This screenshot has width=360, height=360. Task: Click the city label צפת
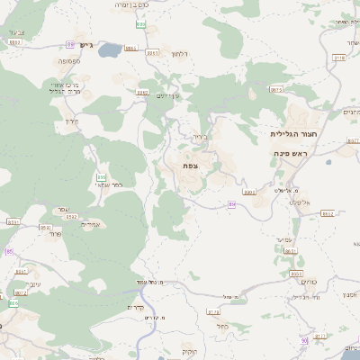click(189, 166)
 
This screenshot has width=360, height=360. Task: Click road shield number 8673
click(275, 90)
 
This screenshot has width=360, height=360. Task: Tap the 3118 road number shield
click(338, 58)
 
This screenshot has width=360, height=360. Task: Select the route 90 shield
click(305, 341)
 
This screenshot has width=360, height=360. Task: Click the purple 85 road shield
click(10, 252)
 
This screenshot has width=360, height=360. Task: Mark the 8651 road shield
click(290, 251)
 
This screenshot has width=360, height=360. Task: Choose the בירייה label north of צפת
click(200, 139)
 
